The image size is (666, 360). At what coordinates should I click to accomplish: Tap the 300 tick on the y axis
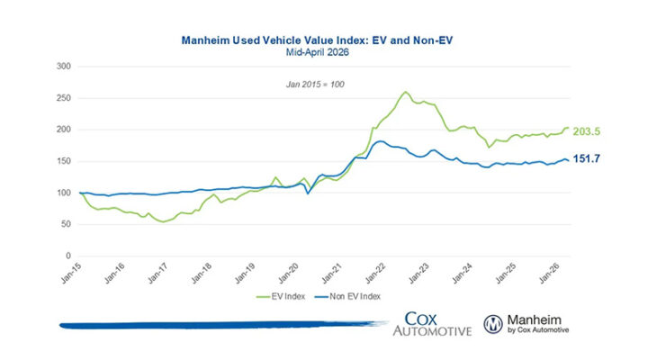(x=64, y=66)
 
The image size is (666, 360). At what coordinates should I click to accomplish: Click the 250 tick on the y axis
(x=64, y=97)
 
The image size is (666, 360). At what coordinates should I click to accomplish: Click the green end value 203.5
(x=586, y=131)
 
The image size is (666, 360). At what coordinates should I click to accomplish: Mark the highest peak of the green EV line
(x=405, y=92)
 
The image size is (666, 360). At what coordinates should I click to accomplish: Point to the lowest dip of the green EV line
(x=163, y=221)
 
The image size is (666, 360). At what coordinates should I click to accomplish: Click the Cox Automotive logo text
(x=432, y=324)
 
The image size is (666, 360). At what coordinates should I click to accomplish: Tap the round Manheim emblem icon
(x=494, y=324)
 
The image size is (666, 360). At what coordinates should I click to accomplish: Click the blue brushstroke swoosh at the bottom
(x=216, y=324)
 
